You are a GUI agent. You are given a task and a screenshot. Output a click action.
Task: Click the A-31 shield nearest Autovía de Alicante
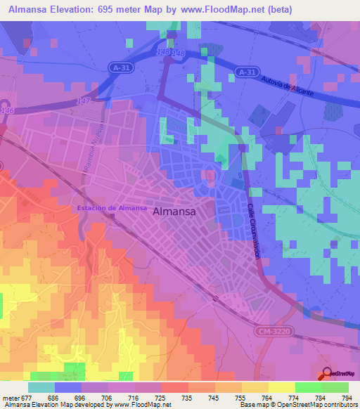tap(245, 72)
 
